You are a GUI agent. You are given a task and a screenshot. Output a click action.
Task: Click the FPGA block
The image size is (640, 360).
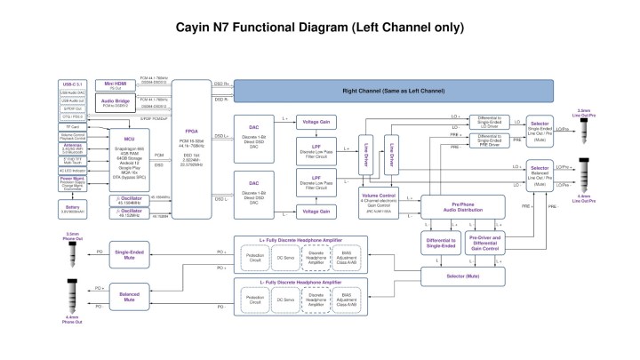click(x=190, y=148)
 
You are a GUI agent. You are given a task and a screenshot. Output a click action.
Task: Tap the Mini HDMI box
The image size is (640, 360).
click(x=116, y=85)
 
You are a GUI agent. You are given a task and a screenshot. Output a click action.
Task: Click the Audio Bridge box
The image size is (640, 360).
click(x=116, y=103)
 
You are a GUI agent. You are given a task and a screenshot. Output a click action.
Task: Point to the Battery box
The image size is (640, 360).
click(x=73, y=209)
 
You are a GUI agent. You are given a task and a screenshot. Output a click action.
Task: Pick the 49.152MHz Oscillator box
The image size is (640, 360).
click(x=130, y=213)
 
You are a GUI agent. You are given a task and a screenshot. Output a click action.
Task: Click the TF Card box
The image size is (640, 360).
click(x=73, y=127)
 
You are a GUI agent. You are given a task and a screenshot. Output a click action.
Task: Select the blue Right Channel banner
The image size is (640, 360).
click(x=393, y=91)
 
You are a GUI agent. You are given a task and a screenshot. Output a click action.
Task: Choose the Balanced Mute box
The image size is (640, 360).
click(x=130, y=298)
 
